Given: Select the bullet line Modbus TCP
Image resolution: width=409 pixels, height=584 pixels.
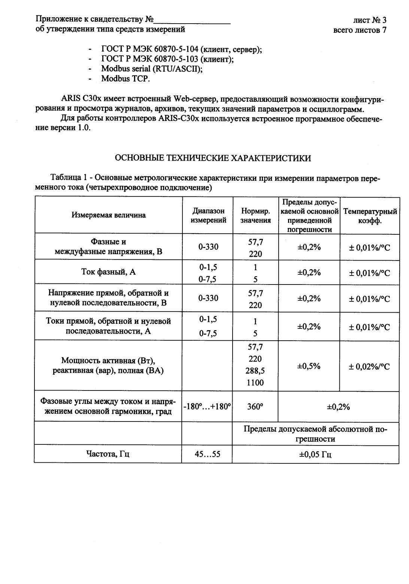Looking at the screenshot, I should point(125,79).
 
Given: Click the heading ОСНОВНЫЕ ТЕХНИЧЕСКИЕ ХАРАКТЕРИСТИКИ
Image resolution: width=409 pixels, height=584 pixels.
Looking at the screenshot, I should point(212,158).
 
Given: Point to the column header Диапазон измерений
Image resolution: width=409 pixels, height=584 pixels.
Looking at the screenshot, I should point(208,216).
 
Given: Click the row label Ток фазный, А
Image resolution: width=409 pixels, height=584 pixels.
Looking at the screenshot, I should point(109,272).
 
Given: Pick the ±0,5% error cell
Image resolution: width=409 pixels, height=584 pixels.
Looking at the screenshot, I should point(309,366).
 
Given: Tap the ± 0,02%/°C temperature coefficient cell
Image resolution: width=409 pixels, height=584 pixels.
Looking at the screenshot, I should point(369,366).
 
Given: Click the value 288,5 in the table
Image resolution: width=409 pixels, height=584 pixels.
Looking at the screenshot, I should point(255,371).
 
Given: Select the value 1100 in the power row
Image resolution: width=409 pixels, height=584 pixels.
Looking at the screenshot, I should point(255,383).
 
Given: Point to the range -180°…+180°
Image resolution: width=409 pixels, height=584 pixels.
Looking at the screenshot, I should point(207,407).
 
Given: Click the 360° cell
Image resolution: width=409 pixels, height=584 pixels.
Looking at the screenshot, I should point(255,407).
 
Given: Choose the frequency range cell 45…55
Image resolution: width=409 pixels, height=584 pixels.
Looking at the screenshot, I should point(207,454).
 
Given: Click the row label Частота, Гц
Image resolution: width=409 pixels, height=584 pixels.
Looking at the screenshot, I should point(108,454).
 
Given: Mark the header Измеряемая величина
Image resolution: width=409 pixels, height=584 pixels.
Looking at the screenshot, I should point(109,215).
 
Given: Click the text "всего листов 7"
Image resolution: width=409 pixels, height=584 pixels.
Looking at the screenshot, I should point(360,30).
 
